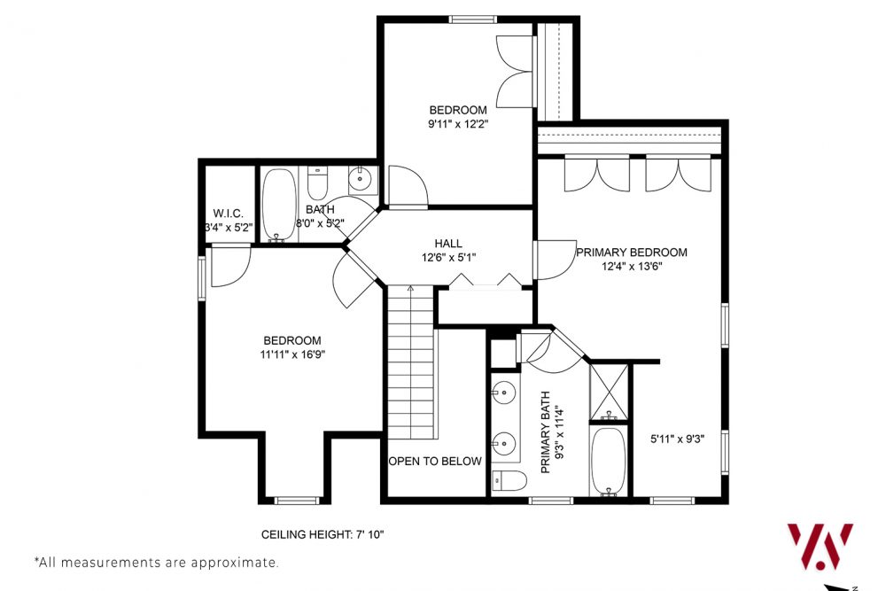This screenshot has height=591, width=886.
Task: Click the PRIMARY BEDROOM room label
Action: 632,253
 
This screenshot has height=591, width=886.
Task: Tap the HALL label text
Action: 448,244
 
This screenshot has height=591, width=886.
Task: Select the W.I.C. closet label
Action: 229,214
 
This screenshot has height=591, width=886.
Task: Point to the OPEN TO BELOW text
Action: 435,461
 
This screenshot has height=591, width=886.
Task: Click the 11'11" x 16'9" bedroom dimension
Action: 291,354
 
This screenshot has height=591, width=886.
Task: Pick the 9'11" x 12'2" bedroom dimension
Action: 458,124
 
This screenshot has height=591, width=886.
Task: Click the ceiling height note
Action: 323,534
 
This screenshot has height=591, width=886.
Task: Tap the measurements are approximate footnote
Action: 156,562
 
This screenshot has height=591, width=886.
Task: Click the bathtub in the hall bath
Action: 280,205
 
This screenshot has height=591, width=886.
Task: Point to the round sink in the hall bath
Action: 361,181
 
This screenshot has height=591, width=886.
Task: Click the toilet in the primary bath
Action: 509,480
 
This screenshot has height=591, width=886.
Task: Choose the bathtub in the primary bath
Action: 609,460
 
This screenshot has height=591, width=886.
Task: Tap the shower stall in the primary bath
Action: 609,391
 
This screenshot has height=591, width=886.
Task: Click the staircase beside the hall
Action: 411,363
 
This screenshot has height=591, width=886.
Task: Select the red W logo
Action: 820,546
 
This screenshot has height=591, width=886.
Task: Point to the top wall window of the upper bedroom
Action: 472,19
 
